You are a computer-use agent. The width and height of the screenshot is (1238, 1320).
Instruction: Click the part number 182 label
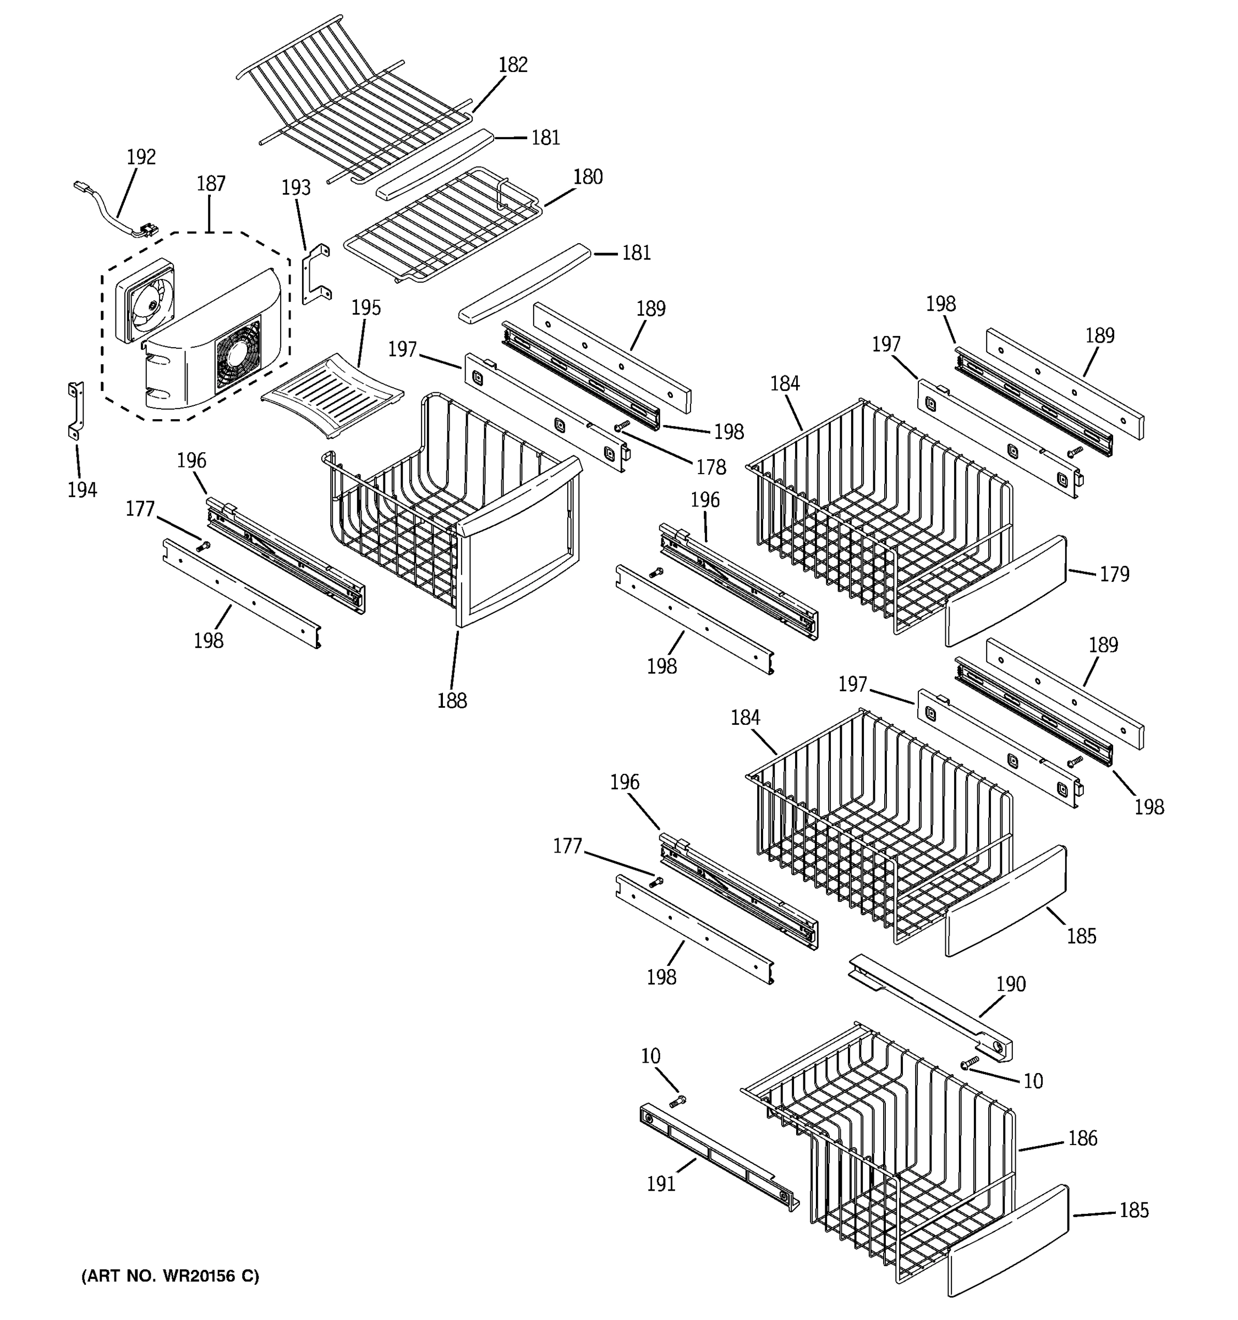point(513,65)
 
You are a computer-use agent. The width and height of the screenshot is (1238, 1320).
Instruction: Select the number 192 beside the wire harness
point(141,157)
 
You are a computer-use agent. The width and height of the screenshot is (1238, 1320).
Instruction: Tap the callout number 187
point(211,184)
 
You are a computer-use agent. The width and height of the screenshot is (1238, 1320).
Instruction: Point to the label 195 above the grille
point(366,308)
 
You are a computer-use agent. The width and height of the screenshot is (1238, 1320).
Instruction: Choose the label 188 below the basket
point(452,701)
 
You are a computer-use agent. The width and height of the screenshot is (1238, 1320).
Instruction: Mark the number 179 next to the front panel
point(1114,574)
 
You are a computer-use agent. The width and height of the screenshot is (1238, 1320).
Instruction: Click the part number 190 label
point(1011,984)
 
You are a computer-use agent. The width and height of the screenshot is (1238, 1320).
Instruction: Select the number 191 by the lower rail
point(661,1183)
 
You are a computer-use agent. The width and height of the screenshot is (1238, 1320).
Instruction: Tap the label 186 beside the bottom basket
point(1083,1138)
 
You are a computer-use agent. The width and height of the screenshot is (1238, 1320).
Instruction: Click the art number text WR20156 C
point(170,1276)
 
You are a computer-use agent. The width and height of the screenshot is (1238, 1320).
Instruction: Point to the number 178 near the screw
point(711,468)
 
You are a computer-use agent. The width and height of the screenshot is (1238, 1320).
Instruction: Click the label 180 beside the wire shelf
point(588,177)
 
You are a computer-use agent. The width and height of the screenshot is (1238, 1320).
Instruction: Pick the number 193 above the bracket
point(295,188)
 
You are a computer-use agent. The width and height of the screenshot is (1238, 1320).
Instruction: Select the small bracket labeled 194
point(76,410)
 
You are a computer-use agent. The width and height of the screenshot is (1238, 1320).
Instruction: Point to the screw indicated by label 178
point(622,426)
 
